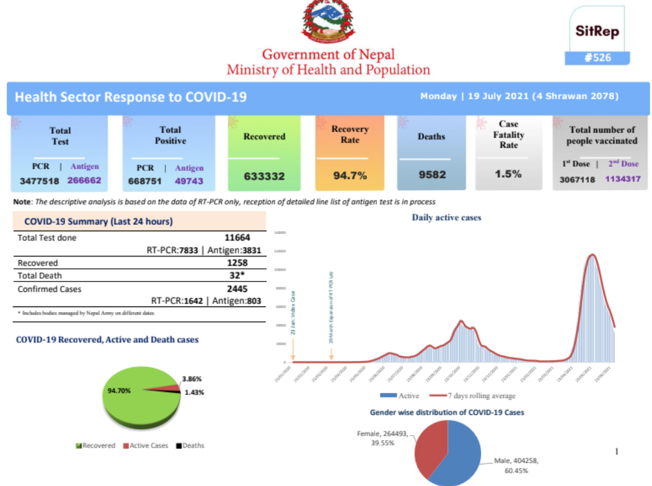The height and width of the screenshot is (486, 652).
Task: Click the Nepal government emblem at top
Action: [x=328, y=22]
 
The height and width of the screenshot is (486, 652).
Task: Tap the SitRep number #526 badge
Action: [x=598, y=58]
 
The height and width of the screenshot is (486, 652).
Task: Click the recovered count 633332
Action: [x=264, y=176]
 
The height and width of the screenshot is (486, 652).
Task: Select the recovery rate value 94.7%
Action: [x=350, y=176]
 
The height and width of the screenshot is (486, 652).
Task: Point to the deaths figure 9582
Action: [x=431, y=174]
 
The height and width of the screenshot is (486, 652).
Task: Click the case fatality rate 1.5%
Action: [x=508, y=174]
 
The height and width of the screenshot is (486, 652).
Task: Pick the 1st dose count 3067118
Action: [x=577, y=180]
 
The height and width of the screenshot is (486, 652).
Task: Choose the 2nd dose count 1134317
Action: [x=623, y=180]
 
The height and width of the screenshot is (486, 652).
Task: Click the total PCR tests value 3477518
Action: [x=39, y=181]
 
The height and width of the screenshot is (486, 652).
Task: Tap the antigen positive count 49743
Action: [x=189, y=181]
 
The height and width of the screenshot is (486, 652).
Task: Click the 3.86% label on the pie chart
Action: [x=192, y=379]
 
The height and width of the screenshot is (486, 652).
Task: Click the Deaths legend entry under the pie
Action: [x=191, y=445]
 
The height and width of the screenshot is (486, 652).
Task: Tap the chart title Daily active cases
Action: [x=446, y=218]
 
